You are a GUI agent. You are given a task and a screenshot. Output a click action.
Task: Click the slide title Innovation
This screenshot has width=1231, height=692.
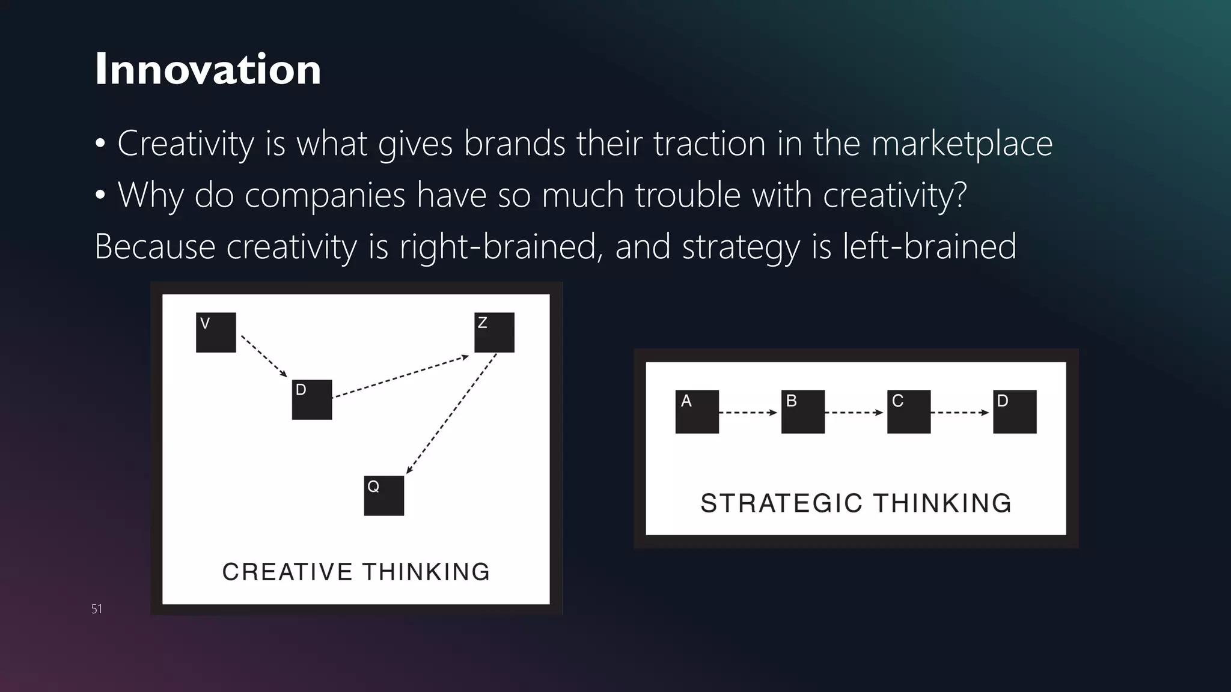[x=208, y=69]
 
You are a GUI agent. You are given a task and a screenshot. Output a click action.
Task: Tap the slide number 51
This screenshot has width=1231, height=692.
[x=97, y=609]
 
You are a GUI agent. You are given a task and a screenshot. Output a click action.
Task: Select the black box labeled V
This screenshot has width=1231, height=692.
[x=216, y=332]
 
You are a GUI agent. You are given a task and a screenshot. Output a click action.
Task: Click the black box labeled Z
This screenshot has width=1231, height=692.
[x=494, y=332]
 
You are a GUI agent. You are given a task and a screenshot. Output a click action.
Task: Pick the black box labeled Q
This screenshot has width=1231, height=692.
[x=383, y=496]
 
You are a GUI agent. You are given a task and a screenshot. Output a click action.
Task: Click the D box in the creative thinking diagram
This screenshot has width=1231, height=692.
[x=311, y=399]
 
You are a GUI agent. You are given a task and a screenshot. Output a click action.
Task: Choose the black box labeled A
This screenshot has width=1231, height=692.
[x=697, y=411]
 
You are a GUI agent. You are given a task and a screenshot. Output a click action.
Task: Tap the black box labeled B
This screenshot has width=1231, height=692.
[x=802, y=411]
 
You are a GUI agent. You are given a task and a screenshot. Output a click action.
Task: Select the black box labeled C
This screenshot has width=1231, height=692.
[x=908, y=411]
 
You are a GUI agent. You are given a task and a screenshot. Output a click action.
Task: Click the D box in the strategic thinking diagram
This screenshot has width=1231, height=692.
[x=1015, y=411]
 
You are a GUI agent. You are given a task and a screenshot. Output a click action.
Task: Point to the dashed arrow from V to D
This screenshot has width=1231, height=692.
[x=264, y=356]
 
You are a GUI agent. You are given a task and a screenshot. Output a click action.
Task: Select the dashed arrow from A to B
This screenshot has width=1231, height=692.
[x=748, y=413]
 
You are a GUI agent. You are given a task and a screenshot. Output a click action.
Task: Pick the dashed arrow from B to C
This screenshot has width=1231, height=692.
[x=854, y=413]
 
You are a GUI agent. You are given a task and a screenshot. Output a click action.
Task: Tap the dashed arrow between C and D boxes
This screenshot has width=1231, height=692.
[x=960, y=413]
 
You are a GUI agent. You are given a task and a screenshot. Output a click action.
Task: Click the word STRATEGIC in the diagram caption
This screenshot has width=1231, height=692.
[x=781, y=503]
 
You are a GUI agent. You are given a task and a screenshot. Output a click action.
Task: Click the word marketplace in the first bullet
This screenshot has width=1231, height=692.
[x=962, y=144]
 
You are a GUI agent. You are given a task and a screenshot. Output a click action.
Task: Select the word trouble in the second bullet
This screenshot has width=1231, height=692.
[x=688, y=195]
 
